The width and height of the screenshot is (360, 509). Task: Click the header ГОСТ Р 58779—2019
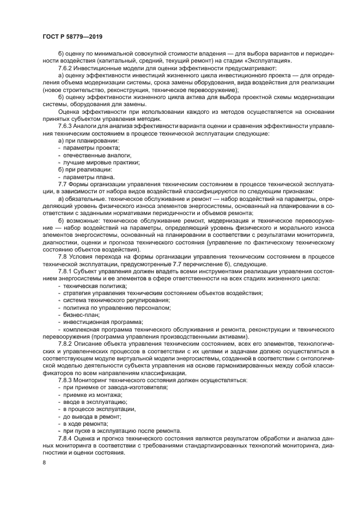[x=73, y=36]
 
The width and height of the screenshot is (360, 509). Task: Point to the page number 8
[x=45, y=462]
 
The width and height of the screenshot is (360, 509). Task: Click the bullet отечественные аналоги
[x=89, y=155]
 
